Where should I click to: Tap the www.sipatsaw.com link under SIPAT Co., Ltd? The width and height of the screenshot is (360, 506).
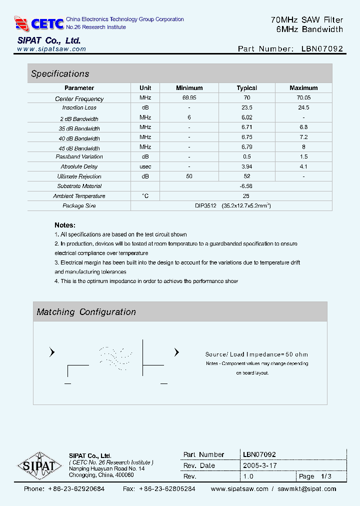coord(51,49)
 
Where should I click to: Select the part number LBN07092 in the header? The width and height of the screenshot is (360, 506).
coord(322,49)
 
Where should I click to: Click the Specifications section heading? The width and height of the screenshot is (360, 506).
coord(60,74)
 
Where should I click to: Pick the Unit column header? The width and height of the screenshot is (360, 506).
coord(145,88)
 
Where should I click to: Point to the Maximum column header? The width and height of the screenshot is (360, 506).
coord(303,88)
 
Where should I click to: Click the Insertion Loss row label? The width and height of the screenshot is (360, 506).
coord(79,108)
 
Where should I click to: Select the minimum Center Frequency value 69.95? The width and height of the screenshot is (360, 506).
coord(189,98)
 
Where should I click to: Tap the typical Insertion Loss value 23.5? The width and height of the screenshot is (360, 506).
coord(247,108)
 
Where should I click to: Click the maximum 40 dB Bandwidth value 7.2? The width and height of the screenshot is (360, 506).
coord(303,137)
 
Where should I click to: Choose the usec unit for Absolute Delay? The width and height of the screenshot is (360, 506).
coord(145,166)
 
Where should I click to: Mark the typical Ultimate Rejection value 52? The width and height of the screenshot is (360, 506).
coord(247,176)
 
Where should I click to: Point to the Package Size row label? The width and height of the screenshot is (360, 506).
coord(79,206)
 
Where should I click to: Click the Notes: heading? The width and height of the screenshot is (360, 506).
coord(65,225)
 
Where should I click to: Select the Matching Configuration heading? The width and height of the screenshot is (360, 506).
coord(86,312)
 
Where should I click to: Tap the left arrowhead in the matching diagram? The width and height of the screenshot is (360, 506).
coord(52,352)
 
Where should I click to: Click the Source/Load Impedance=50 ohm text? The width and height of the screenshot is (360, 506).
coord(256,354)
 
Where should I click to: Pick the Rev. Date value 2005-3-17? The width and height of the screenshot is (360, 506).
coord(259,465)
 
